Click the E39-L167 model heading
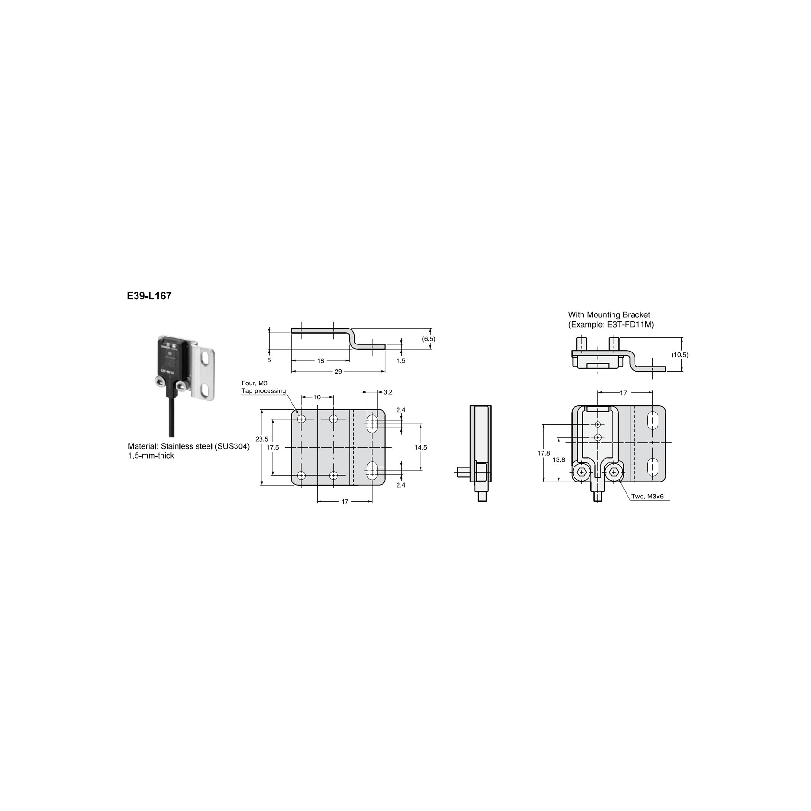point(148,296)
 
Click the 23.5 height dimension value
point(261,439)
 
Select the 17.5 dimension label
point(273,447)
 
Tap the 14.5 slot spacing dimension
point(421,447)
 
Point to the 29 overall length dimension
point(338,371)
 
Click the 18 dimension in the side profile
point(321,361)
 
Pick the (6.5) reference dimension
point(428,338)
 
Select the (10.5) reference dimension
point(680,355)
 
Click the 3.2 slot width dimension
point(388,392)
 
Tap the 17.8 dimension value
point(543,453)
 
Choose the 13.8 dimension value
point(559,460)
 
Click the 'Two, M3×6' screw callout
point(647,496)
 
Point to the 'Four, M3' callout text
point(254,383)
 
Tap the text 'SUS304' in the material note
point(232,446)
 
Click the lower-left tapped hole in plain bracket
point(301,475)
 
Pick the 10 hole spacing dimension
point(317,397)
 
